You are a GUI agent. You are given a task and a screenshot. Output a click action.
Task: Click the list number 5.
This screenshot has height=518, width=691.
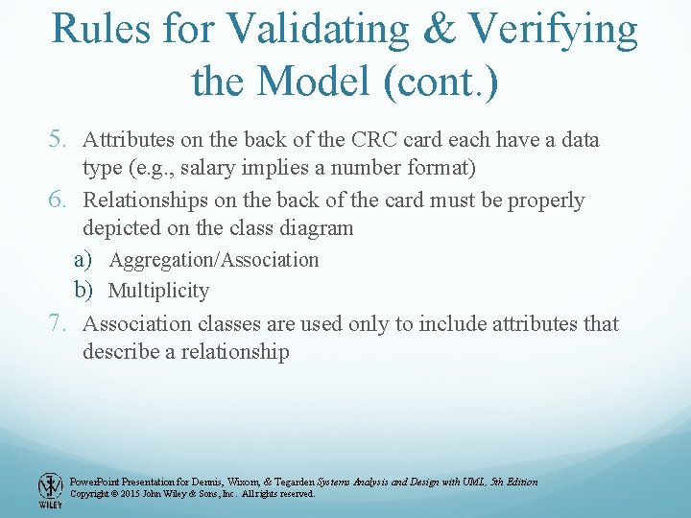pos(60,140)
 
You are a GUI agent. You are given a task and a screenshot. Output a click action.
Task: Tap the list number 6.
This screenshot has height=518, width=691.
pos(60,200)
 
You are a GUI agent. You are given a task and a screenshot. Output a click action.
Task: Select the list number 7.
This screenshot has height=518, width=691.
pos(60,324)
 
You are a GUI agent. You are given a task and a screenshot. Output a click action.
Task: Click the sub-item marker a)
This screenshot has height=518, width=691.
pos(83,259)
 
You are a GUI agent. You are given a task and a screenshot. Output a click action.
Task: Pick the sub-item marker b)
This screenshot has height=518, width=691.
pos(83,290)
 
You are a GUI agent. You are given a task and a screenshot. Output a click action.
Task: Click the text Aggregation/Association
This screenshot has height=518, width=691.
pos(214,260)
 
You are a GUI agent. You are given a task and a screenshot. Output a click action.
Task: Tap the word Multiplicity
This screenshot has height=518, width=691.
pos(158,291)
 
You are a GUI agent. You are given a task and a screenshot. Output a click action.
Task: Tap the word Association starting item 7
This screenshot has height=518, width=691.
pos(140,324)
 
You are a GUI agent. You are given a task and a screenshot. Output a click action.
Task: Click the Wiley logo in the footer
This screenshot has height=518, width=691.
pos(50,489)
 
